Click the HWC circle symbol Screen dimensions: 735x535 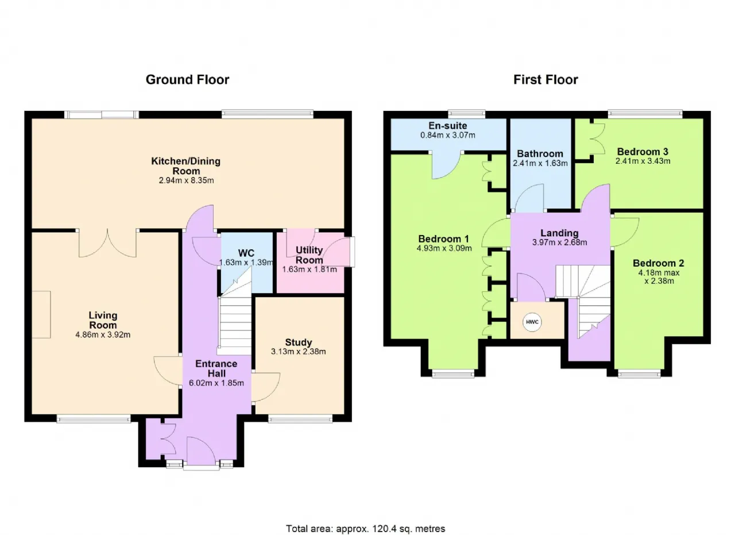pos(532,322)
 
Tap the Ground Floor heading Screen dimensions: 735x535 pos(187,80)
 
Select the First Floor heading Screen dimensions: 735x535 pos(546,80)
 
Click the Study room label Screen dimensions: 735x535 pos(298,342)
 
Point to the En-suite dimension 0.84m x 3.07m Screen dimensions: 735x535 pos(447,135)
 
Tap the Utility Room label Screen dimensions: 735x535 pos(309,255)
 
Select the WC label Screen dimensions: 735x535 pos(246,253)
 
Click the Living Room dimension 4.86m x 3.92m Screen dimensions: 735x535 pos(103,334)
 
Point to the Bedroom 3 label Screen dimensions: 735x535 pos(643,151)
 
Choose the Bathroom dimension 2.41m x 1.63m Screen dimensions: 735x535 pos(540,163)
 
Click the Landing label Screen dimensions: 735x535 pos(559,233)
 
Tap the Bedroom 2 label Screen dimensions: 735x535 pos(658,263)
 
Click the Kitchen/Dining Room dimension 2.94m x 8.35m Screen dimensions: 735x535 pos(186,180)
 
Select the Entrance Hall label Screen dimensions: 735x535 pos(216,368)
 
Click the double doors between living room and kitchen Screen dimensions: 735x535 pos(107,243)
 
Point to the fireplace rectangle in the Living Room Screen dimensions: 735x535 pos(41,314)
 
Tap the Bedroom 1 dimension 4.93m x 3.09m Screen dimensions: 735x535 pos(444,248)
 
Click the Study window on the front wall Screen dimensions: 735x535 pos(300,418)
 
